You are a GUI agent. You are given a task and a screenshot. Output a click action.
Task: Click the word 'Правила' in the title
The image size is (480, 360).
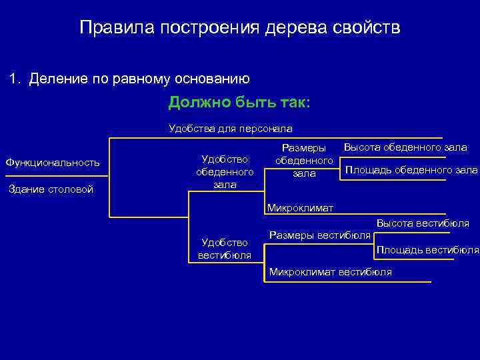pos(108,28)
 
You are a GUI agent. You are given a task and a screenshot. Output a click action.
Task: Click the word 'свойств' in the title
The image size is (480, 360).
pos(367,28)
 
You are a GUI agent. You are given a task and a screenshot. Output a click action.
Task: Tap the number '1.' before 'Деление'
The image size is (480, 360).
pos(15,79)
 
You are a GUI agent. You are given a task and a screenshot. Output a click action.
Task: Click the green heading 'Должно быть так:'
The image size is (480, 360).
pos(239,103)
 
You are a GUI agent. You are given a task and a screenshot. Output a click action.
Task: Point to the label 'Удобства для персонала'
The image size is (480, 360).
pos(230,127)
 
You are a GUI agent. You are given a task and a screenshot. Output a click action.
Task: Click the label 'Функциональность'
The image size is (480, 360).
pos(52,163)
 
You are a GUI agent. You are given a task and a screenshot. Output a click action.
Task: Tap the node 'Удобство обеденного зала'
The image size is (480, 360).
pos(225,171)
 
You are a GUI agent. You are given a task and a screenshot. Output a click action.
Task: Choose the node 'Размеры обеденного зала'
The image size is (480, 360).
pos(304,161)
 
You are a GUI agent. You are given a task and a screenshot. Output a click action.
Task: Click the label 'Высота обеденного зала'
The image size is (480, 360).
pos(405,147)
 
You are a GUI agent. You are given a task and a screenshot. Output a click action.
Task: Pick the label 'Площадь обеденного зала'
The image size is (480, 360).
pos(411,170)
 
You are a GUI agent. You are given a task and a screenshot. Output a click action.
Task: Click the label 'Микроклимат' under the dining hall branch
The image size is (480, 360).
pos(300,207)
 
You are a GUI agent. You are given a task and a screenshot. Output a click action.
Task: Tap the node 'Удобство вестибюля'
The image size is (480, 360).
pos(225,249)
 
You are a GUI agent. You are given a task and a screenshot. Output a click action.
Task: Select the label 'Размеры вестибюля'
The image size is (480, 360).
pos(319,235)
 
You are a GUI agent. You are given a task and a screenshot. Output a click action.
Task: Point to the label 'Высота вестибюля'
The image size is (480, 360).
pos(422,223)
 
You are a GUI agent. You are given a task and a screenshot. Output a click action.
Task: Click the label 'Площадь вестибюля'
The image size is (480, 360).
pos(427,250)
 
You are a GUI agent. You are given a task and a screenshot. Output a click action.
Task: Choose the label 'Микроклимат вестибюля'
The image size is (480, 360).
pos(330,271)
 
